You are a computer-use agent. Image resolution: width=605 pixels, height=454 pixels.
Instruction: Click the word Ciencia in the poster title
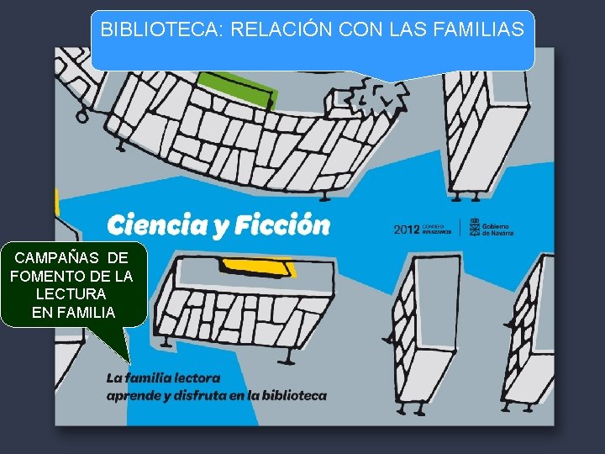[155, 225]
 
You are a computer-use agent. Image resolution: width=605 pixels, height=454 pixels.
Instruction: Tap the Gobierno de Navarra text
[497, 229]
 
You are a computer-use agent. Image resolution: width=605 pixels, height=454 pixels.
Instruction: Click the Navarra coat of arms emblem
[474, 229]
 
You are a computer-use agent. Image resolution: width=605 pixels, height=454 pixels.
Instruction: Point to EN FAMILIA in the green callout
[73, 313]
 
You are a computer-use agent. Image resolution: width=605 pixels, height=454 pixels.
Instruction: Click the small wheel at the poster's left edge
[82, 116]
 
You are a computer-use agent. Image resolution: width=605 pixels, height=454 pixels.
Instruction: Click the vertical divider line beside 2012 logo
[460, 229]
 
